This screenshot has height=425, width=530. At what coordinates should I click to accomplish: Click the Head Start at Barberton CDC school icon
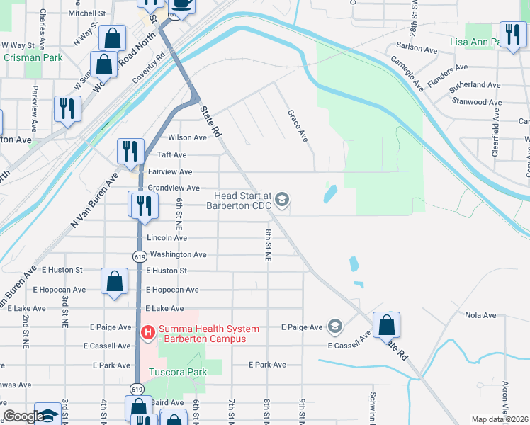click(282, 200)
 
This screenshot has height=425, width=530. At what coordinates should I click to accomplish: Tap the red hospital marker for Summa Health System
click(148, 331)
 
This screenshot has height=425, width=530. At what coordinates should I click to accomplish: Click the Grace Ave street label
click(298, 125)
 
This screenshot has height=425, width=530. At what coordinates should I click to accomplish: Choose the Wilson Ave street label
click(187, 137)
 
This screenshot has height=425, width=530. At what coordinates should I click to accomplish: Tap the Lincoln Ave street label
click(167, 238)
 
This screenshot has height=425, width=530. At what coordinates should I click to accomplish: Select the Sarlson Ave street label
click(417, 49)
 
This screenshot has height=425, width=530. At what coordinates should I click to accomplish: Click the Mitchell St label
click(87, 13)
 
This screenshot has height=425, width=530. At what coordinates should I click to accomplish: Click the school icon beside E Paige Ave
click(334, 327)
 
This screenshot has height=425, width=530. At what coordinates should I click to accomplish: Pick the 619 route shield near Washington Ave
click(136, 255)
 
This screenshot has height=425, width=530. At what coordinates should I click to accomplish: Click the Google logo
click(23, 416)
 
